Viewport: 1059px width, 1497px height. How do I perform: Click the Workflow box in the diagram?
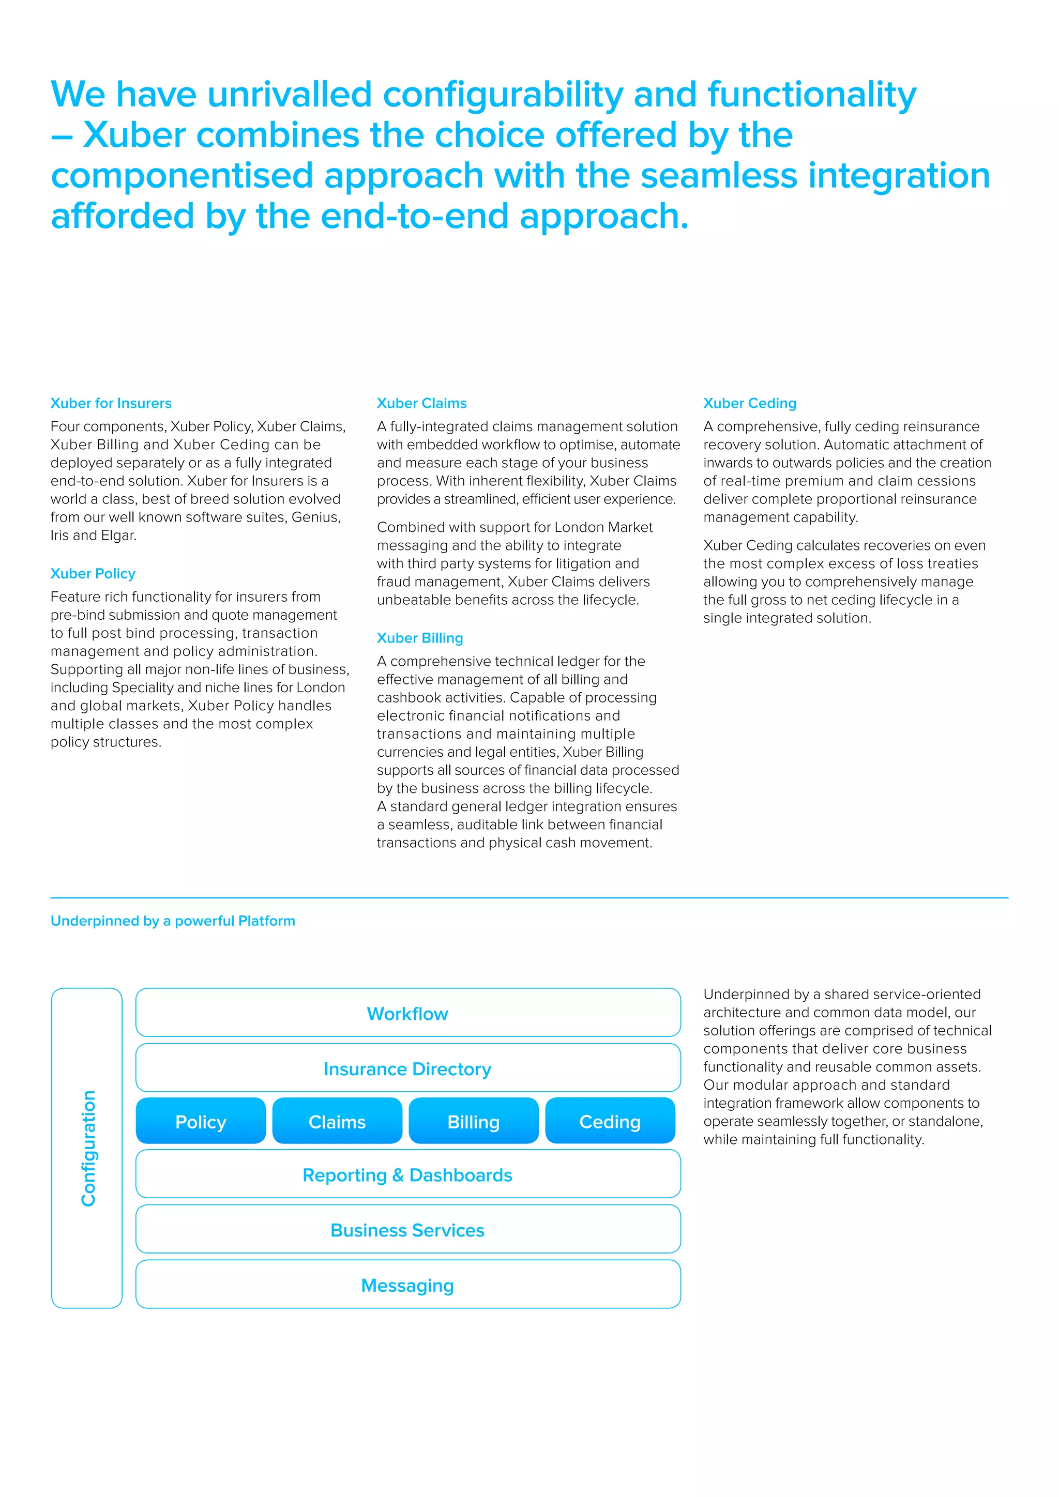pyautogui.click(x=407, y=1013)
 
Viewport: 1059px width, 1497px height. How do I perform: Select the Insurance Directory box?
pyautogui.click(x=407, y=1068)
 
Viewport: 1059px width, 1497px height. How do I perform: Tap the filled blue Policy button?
pyautogui.click(x=201, y=1121)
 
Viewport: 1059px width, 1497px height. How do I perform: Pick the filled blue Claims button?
pyautogui.click(x=337, y=1121)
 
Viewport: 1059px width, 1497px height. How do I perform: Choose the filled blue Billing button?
pyautogui.click(x=474, y=1121)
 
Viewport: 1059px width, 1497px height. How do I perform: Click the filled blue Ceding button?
pyautogui.click(x=610, y=1121)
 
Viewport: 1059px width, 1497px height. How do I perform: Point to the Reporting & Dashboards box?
pyautogui.click(x=407, y=1175)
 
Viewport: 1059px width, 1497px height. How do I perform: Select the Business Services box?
pyautogui.click(x=407, y=1230)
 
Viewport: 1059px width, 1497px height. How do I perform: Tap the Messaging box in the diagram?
pyautogui.click(x=407, y=1286)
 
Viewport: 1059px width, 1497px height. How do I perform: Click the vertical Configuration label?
pyautogui.click(x=88, y=1148)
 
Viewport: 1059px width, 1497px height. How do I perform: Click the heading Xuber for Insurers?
pyautogui.click(x=111, y=403)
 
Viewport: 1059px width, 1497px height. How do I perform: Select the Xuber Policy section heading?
pyautogui.click(x=93, y=573)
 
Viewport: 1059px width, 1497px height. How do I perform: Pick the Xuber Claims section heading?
pyautogui.click(x=421, y=403)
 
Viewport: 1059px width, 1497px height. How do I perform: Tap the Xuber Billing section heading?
pyautogui.click(x=419, y=638)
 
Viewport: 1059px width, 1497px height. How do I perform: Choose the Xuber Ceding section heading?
pyautogui.click(x=749, y=403)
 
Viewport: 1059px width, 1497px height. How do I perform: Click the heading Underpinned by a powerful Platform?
pyautogui.click(x=173, y=921)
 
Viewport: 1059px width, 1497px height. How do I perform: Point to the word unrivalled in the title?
pyautogui.click(x=290, y=94)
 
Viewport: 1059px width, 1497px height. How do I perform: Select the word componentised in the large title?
pyautogui.click(x=182, y=176)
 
